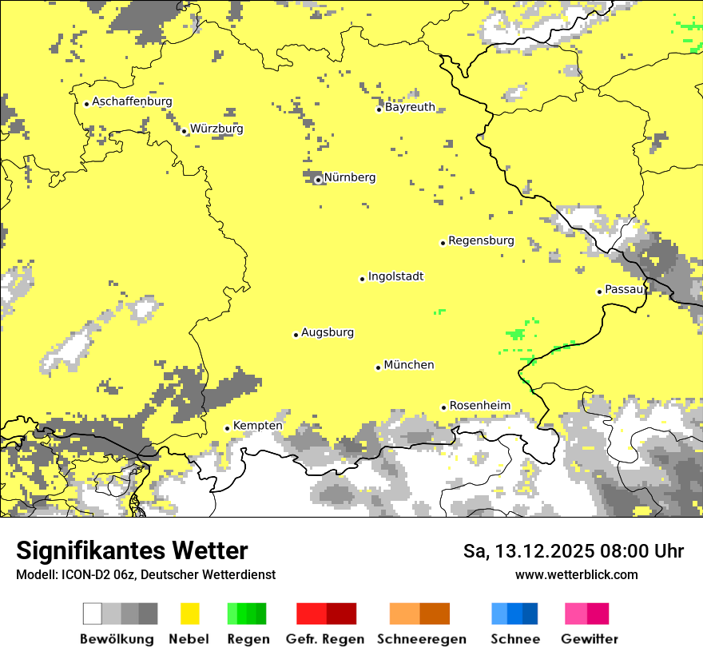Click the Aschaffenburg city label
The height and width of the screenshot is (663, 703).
coord(132,101)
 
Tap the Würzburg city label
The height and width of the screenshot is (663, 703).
coord(216,129)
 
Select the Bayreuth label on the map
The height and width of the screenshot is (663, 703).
coord(410,107)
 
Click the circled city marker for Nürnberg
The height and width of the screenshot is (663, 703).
coord(318,180)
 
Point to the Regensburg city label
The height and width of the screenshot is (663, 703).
coord(481,240)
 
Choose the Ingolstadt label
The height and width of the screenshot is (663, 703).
coord(395,276)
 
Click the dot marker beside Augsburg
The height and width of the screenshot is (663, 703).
coord(296,335)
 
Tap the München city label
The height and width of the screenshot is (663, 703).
coord(409,365)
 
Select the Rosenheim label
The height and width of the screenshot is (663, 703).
coord(479,406)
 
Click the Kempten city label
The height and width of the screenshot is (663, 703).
coord(257,426)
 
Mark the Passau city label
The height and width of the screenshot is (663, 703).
coord(624,289)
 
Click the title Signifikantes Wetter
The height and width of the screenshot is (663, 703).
coord(132,550)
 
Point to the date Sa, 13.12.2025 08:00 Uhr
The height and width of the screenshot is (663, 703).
coord(573,551)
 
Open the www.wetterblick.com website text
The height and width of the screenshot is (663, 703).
coord(576,574)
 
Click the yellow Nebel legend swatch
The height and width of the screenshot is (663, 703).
coord(189,613)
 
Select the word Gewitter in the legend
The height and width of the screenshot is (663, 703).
coord(590,639)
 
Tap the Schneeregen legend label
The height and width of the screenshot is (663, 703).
coord(421,639)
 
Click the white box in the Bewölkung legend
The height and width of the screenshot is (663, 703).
coord(93,613)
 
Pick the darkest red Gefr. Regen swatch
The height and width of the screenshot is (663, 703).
coord(341,613)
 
